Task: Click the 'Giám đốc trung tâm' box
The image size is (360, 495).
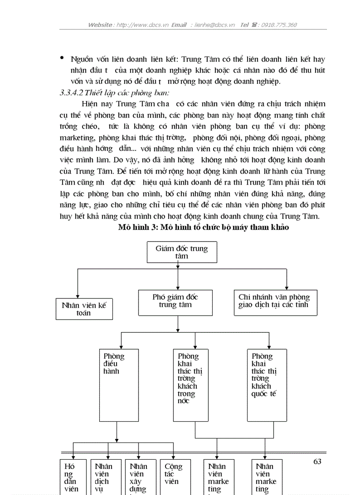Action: click(x=181, y=252)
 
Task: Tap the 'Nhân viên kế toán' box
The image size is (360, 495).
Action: click(x=84, y=309)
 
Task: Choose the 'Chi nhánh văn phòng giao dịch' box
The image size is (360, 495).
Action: click(x=275, y=301)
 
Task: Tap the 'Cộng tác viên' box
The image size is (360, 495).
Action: click(x=173, y=476)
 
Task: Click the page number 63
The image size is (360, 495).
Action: click(x=317, y=462)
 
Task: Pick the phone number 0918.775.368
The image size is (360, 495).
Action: click(x=279, y=25)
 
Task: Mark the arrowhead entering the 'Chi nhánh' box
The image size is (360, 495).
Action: click(x=286, y=287)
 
